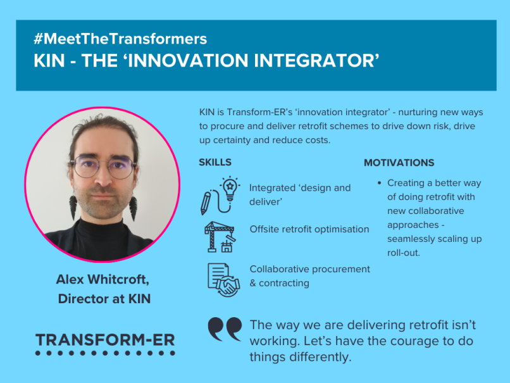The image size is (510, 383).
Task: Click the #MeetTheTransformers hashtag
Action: pyautogui.click(x=120, y=39)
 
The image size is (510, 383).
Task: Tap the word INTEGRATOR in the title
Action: pyautogui.click(x=314, y=61)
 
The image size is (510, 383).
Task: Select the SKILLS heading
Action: pyautogui.click(x=215, y=162)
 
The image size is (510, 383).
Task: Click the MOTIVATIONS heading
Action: pyautogui.click(x=399, y=163)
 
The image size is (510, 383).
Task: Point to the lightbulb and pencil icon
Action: pyautogui.click(x=220, y=196)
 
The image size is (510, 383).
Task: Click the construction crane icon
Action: pyautogui.click(x=220, y=237)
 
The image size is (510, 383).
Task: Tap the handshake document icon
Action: pyautogui.click(x=224, y=280)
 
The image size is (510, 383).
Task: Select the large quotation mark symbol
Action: pyautogui.click(x=225, y=329)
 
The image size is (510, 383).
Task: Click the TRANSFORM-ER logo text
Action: pyautogui.click(x=105, y=340)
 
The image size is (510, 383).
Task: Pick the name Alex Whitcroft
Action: pyautogui.click(x=103, y=279)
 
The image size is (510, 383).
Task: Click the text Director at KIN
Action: pyautogui.click(x=104, y=299)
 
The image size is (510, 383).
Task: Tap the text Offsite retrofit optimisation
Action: pyautogui.click(x=309, y=229)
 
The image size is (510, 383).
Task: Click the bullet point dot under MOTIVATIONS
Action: pyautogui.click(x=379, y=183)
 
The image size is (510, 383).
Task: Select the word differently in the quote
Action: pyautogui.click(x=320, y=357)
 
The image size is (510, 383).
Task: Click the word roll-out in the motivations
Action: pyautogui.click(x=404, y=253)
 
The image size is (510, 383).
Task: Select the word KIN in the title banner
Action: pyautogui.click(x=49, y=61)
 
